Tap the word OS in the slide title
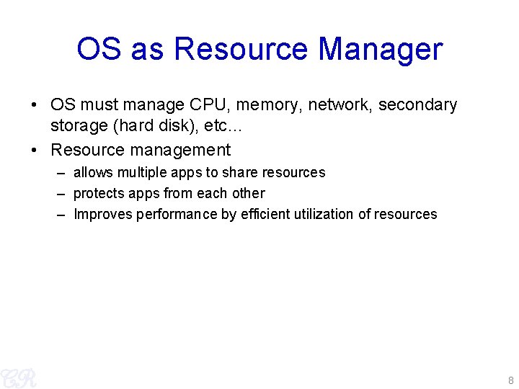(99, 50)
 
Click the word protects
(99, 194)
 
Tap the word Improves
(102, 215)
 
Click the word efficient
(265, 215)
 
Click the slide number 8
(510, 380)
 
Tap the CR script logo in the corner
(18, 377)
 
